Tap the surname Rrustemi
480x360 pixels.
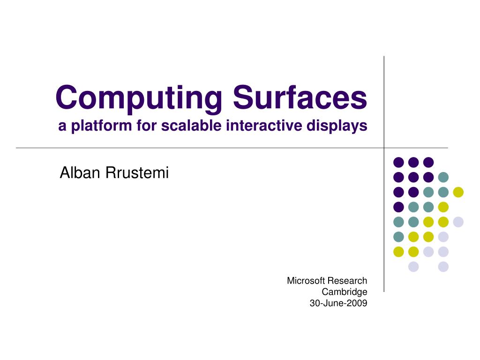point(137,173)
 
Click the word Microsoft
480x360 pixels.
point(306,281)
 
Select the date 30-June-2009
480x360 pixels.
point(338,303)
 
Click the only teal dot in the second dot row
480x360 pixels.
point(443,177)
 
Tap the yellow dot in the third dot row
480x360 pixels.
point(458,192)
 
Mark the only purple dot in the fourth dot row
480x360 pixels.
point(398,207)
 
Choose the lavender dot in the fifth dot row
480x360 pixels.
point(458,222)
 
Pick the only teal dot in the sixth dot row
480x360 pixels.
point(398,237)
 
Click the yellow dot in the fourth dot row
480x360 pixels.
point(443,207)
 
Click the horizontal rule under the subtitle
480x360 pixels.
point(187,148)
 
